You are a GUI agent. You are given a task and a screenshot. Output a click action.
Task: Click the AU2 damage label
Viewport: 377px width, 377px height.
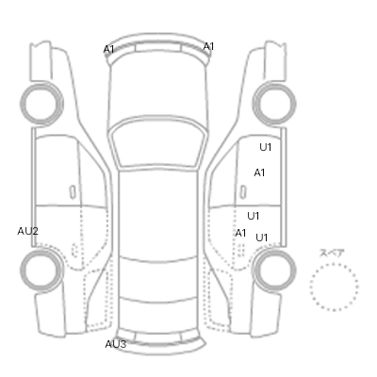pos(27,232)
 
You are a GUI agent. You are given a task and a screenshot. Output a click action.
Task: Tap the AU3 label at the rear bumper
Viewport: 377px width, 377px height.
pos(116,344)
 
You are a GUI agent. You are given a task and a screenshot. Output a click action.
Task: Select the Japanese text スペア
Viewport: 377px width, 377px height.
pos(332,254)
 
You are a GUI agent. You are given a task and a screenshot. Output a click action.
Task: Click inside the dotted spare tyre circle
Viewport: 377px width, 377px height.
pos(334,287)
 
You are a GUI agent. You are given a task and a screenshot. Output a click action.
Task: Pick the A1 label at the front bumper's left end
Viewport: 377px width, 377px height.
pos(108,49)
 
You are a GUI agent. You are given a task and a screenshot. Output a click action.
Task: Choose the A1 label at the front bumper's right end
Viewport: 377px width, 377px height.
pos(208,47)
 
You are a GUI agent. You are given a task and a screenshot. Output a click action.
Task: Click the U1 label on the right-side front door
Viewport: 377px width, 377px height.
pos(266,147)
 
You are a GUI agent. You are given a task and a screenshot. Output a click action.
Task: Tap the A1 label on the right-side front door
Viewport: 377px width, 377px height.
pos(259,172)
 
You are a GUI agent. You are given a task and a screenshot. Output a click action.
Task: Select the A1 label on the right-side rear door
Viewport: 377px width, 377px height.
pos(240,233)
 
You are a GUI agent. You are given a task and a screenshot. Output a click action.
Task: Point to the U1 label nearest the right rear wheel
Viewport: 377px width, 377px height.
pos(262,238)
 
